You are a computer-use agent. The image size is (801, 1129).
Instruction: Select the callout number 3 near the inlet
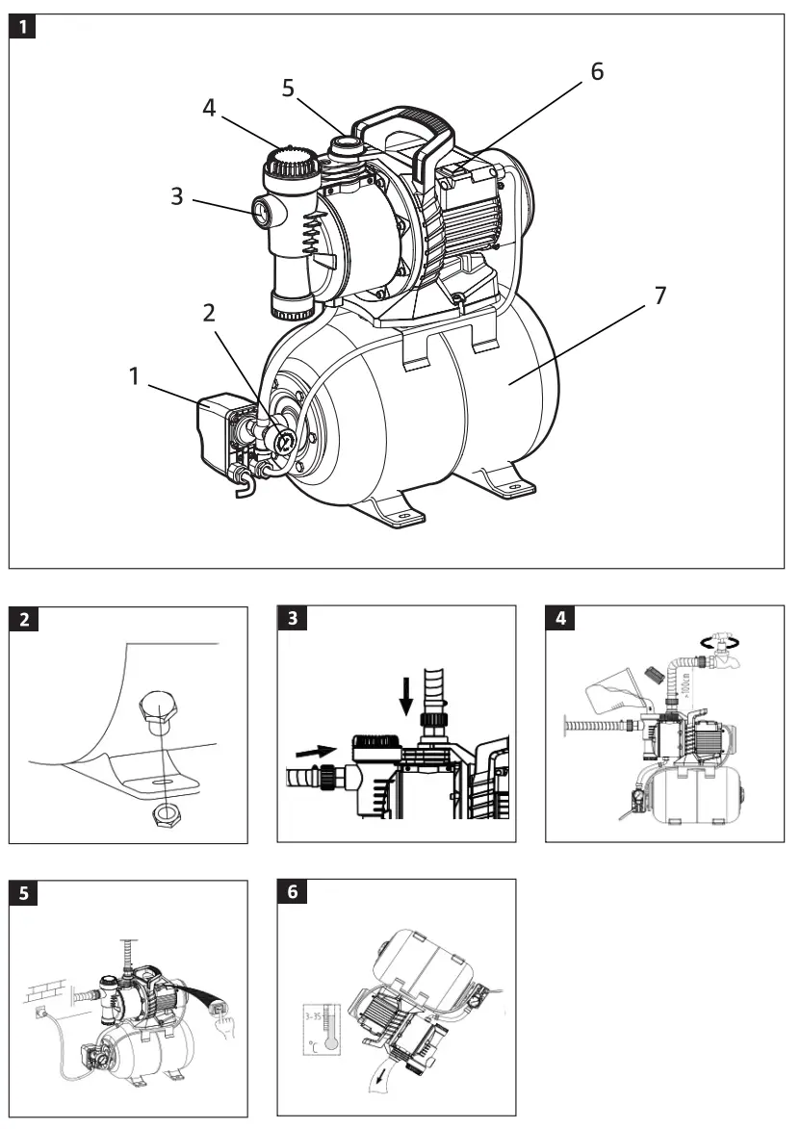coord(177,196)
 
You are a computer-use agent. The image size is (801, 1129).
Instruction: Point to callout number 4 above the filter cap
coord(209,108)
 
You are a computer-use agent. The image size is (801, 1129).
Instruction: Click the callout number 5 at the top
coord(288,88)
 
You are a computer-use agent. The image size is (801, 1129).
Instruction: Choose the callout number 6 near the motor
coord(597,71)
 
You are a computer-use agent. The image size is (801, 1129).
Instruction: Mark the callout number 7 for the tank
coord(659,295)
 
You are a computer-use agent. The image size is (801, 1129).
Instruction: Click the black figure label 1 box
coord(23,27)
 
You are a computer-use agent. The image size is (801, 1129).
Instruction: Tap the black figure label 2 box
coord(23,619)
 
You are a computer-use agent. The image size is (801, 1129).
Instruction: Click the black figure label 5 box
coord(23,892)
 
